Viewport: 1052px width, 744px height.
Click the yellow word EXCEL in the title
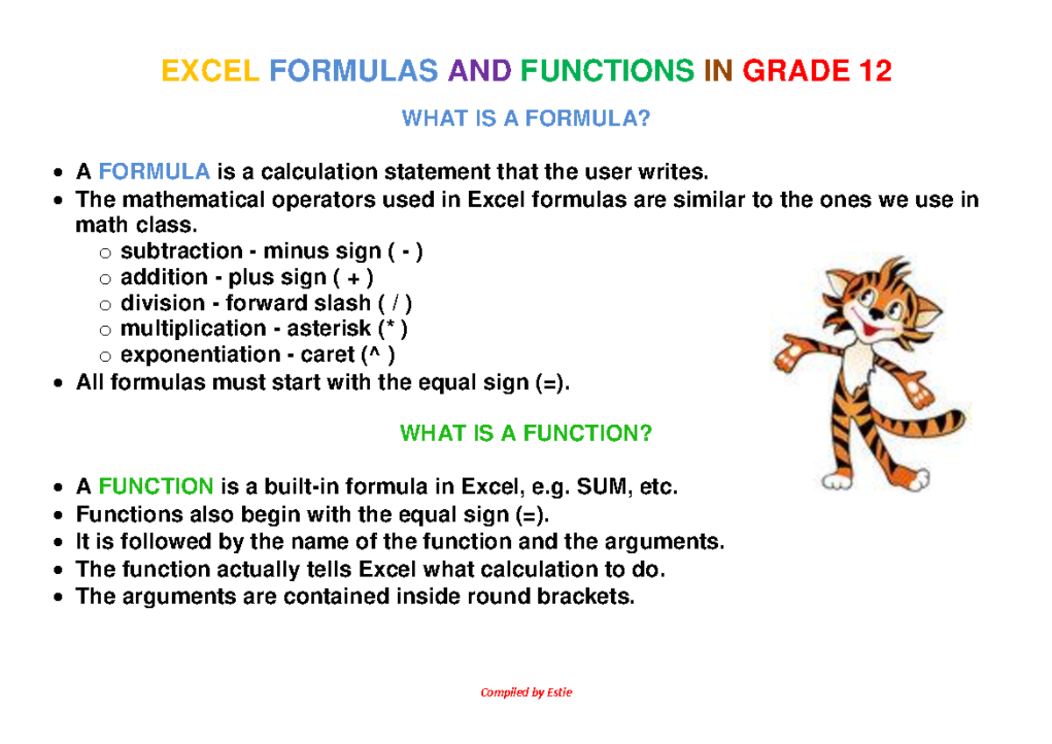(210, 71)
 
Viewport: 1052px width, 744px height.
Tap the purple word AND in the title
(479, 71)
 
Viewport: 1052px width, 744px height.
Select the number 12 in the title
(875, 71)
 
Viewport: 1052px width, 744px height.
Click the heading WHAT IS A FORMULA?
(526, 118)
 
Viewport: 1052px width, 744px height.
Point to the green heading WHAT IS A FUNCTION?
(526, 433)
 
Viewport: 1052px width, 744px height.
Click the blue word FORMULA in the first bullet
(154, 172)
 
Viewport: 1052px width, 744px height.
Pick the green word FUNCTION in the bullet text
(156, 486)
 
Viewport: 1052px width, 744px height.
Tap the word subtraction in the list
(181, 251)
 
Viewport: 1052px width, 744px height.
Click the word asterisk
(329, 328)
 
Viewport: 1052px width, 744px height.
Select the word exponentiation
(200, 354)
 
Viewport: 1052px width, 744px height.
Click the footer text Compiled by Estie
(526, 692)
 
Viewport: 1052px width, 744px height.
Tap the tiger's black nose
(875, 313)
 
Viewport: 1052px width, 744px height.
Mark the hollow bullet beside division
(105, 305)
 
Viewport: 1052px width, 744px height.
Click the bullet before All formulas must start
(58, 383)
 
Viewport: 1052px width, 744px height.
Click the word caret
(327, 354)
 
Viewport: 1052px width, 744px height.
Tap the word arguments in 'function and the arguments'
(665, 542)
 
